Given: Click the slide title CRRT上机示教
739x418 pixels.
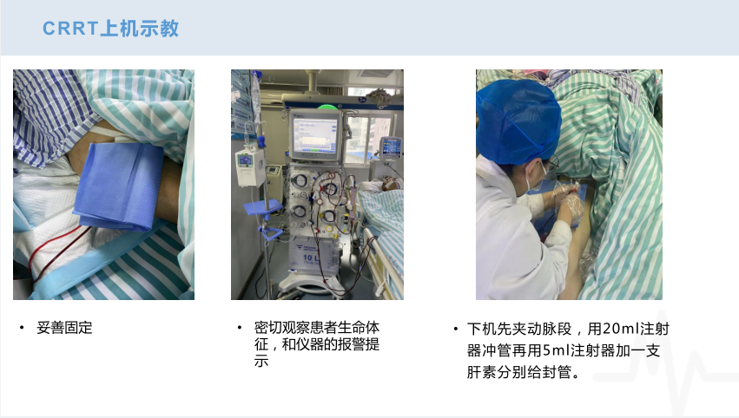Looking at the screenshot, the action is point(111,29).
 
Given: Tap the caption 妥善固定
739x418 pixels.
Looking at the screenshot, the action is point(64,328).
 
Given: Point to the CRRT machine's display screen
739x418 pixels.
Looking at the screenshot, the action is point(315,134).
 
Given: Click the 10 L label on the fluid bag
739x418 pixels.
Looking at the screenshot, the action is point(311,258).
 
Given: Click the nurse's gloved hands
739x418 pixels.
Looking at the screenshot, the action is point(569,203).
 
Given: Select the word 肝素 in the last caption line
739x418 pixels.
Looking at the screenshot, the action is point(482,372).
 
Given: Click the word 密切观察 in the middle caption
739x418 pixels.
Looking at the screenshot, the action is point(282,327).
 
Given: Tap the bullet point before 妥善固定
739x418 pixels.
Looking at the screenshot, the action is point(22,328).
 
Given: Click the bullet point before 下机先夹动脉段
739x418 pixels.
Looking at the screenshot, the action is point(456,329).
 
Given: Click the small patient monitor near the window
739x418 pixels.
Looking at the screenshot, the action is point(391,147).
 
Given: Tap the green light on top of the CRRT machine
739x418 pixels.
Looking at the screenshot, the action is point(327,107).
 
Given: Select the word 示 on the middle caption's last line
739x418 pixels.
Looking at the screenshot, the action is point(261,361).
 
